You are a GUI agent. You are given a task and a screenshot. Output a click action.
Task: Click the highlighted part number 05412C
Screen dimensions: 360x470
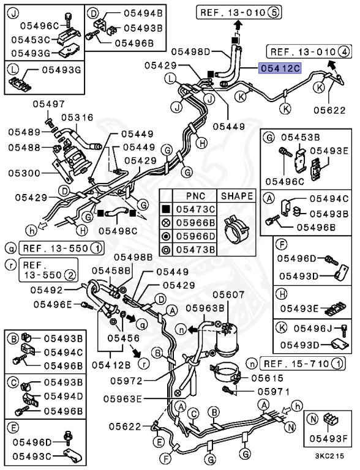tap(280, 69)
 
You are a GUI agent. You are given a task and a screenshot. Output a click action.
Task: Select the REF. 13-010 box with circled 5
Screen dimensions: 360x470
tap(239, 13)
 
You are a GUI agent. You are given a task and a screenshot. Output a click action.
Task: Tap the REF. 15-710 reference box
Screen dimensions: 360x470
tap(302, 364)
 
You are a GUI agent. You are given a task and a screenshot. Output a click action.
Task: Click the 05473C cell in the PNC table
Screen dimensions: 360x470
tap(195, 209)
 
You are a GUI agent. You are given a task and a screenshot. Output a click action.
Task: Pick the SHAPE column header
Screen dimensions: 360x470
tap(237, 196)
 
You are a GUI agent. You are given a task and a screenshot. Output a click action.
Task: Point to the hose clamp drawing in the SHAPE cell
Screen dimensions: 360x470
tap(236, 229)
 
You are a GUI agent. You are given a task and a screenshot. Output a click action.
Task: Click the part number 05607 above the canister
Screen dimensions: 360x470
tap(228, 294)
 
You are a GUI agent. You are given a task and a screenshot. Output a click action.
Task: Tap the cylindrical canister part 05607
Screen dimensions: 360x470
tap(227, 340)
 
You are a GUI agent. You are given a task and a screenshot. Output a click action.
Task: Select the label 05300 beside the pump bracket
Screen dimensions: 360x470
tap(24, 173)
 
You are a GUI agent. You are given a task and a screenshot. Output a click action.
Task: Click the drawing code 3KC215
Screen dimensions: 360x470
tap(329, 456)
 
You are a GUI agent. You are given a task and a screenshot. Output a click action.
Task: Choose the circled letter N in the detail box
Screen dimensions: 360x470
tap(313, 419)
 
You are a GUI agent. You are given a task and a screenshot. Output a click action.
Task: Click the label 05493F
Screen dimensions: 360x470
tap(328, 439)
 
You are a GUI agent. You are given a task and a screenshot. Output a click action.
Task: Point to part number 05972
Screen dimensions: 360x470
tap(126, 381)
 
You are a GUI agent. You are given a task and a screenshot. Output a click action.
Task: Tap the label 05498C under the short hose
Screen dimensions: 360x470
tap(118, 231)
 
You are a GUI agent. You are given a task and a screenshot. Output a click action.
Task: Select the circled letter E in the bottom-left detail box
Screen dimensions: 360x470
tap(13, 428)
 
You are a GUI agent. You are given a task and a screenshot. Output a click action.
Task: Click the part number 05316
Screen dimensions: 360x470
tap(77, 117)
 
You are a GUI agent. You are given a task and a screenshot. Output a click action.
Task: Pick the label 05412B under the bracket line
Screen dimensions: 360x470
tap(111, 365)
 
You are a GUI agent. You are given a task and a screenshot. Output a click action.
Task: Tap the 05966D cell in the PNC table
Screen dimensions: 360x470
tap(195, 236)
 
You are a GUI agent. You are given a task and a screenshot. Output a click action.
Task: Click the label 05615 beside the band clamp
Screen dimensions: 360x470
tap(267, 378)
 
